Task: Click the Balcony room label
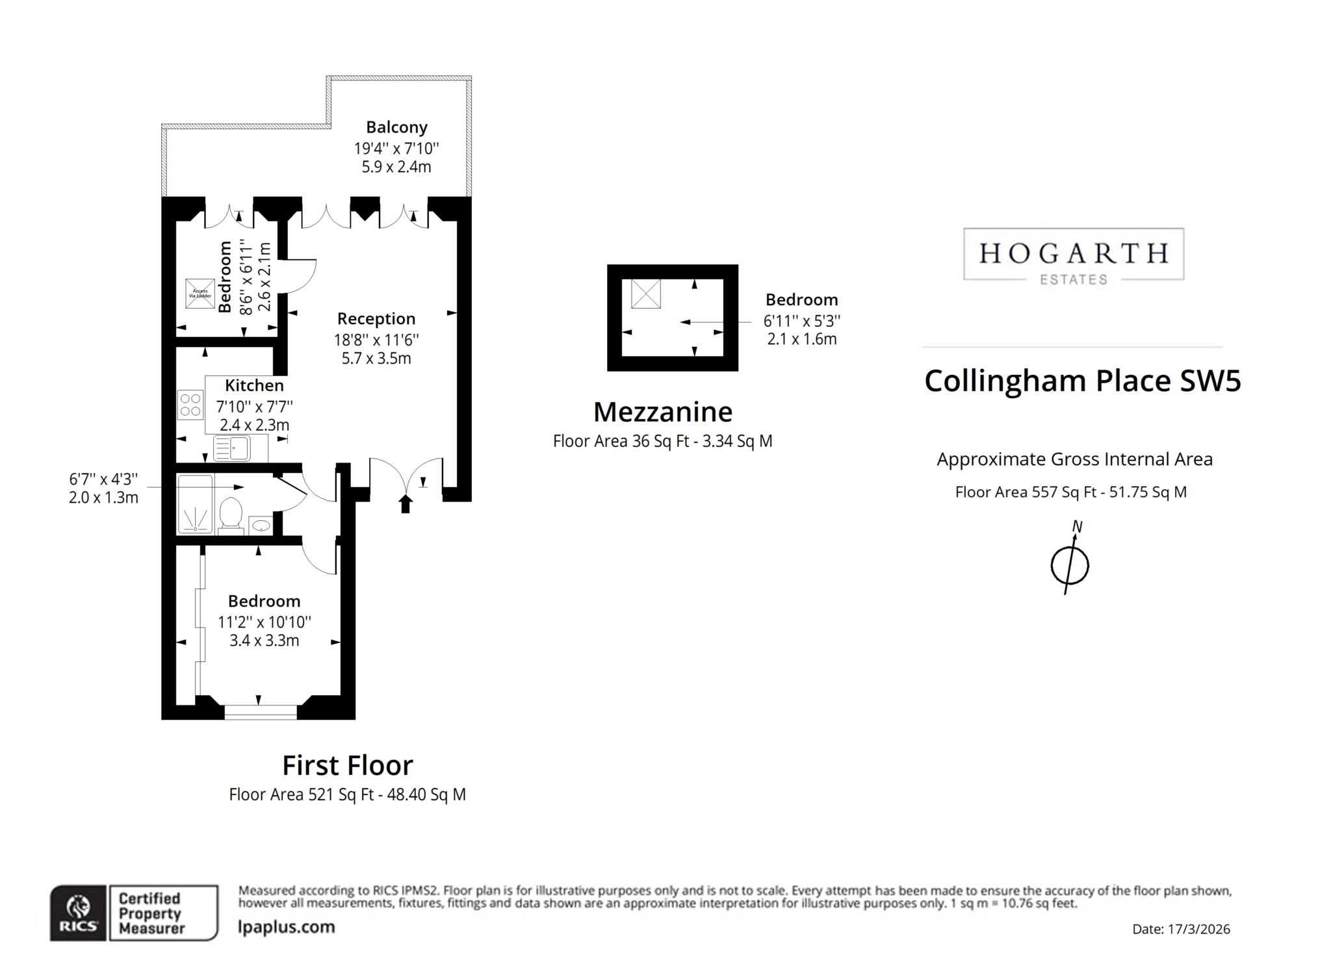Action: tap(396, 127)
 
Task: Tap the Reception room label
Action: tap(376, 319)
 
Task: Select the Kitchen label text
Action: tap(254, 386)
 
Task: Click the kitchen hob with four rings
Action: tap(190, 405)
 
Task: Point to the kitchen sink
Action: tap(232, 448)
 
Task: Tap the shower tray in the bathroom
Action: tap(195, 505)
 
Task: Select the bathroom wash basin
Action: tap(261, 525)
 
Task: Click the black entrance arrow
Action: tap(406, 504)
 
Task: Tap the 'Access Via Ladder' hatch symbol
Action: tap(200, 294)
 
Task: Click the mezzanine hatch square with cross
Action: tap(646, 294)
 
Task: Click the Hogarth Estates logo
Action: tap(1073, 255)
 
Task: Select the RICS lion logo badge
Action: tap(79, 913)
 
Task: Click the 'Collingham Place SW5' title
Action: tap(1082, 381)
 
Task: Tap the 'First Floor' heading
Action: tap(347, 766)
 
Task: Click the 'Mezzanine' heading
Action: tap(662, 412)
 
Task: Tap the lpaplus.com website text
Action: tap(287, 927)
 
